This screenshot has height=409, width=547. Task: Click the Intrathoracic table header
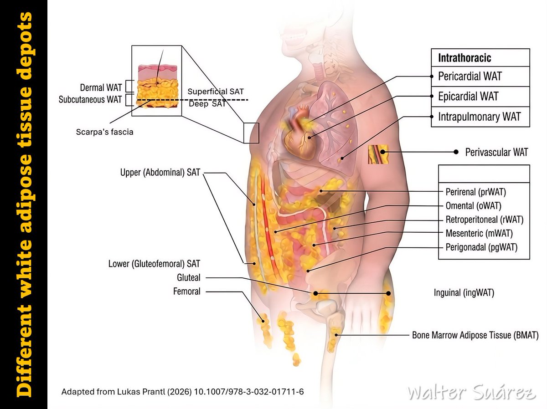pos(464,58)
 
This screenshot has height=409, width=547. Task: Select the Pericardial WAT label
pos(470,76)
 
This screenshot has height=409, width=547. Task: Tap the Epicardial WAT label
pos(468,97)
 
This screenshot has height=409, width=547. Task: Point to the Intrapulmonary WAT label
pos(480,117)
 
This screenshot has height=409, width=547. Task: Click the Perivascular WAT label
pos(496,152)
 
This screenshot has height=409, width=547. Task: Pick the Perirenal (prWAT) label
pos(476,192)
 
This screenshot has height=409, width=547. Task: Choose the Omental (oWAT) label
pos(473,206)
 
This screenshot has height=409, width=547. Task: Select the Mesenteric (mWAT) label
pos(479,233)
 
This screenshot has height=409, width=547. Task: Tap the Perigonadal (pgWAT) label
pos(481,247)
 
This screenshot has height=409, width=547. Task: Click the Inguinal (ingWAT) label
pos(464,292)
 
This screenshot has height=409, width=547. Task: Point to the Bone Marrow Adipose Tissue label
pos(475,335)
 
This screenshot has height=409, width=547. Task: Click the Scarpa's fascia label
pos(105,132)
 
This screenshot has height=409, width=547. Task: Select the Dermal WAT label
pos(101,87)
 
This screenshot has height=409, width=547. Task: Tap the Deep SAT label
pos(207,103)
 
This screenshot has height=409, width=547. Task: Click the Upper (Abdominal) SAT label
pos(160,172)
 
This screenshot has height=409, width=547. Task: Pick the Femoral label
pos(186,291)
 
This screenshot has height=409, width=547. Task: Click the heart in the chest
pos(301,139)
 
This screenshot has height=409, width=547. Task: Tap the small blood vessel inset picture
pos(378,154)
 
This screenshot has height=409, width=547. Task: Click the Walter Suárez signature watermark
pos(471,393)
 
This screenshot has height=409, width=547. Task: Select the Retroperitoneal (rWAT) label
pos(485,220)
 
